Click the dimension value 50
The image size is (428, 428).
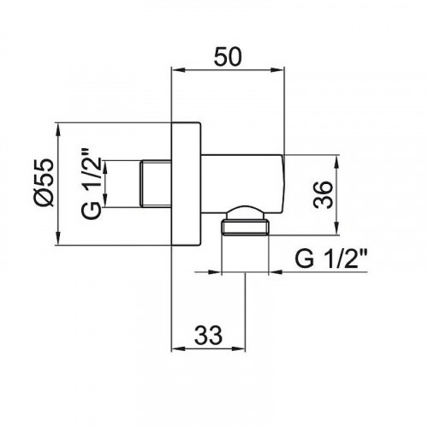tap(228, 56)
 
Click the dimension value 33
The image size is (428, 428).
tap(208, 335)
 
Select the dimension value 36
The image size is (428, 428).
tap(323, 195)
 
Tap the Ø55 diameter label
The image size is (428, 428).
tap(44, 181)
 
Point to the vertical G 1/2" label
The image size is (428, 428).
tap(92, 183)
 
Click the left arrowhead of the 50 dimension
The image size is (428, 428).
tap(178, 70)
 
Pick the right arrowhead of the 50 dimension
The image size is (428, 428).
tap(277, 70)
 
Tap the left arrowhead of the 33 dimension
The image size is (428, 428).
tap(178, 348)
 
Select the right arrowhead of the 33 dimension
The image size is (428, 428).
tap(239, 348)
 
